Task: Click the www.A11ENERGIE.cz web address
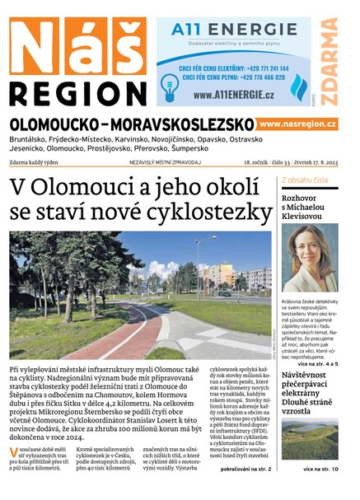pyautogui.click(x=235, y=95)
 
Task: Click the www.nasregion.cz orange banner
pyautogui.click(x=297, y=124)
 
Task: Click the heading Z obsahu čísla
pyautogui.click(x=305, y=179)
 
